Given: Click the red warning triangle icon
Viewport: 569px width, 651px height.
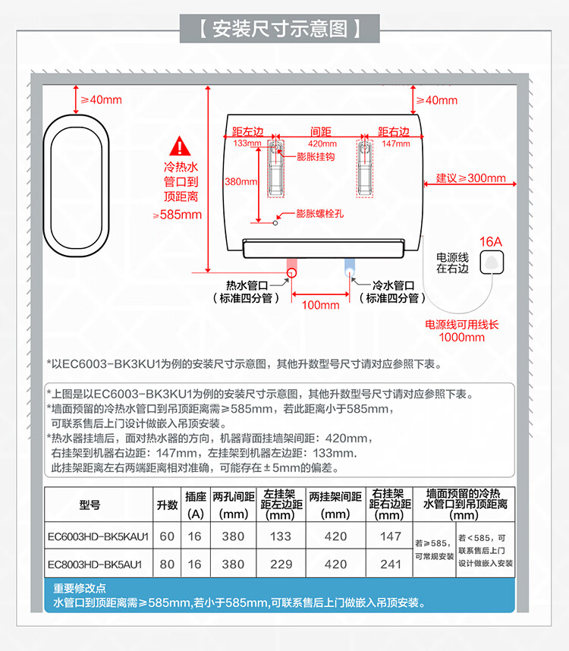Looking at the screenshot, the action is click(180, 146).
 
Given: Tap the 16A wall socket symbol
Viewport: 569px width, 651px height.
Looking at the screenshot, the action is click(492, 263).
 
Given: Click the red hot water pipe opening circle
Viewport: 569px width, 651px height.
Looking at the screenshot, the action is click(291, 273).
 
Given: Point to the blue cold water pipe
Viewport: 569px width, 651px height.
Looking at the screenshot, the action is click(350, 266).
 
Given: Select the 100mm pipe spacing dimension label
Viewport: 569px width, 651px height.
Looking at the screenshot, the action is click(320, 305).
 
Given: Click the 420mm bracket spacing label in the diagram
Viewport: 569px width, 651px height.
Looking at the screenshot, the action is click(322, 143).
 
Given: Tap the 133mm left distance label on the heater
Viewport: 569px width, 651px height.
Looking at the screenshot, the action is click(247, 143).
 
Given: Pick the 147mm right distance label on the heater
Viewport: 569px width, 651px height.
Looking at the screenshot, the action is click(395, 143).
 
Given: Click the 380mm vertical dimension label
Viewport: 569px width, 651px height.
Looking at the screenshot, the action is click(240, 181).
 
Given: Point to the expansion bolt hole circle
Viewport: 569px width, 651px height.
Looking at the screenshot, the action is click(275, 223).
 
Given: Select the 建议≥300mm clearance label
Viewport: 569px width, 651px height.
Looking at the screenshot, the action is click(470, 178).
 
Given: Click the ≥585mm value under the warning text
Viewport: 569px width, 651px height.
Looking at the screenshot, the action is click(178, 215).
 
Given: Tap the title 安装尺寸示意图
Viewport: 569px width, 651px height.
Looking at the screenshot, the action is click(280, 29).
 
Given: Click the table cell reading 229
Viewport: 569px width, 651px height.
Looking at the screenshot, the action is click(281, 565).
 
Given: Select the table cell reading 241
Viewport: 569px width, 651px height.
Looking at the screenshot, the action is click(390, 565).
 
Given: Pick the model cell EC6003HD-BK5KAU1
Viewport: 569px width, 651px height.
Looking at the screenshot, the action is click(98, 536).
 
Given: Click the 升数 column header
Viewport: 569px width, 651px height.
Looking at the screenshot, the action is click(167, 505).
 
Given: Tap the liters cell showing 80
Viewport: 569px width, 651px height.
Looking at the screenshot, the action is click(167, 565).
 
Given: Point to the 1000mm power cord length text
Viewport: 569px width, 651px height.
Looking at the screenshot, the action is click(461, 337).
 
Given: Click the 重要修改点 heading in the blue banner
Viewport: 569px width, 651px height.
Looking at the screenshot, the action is click(80, 588).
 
